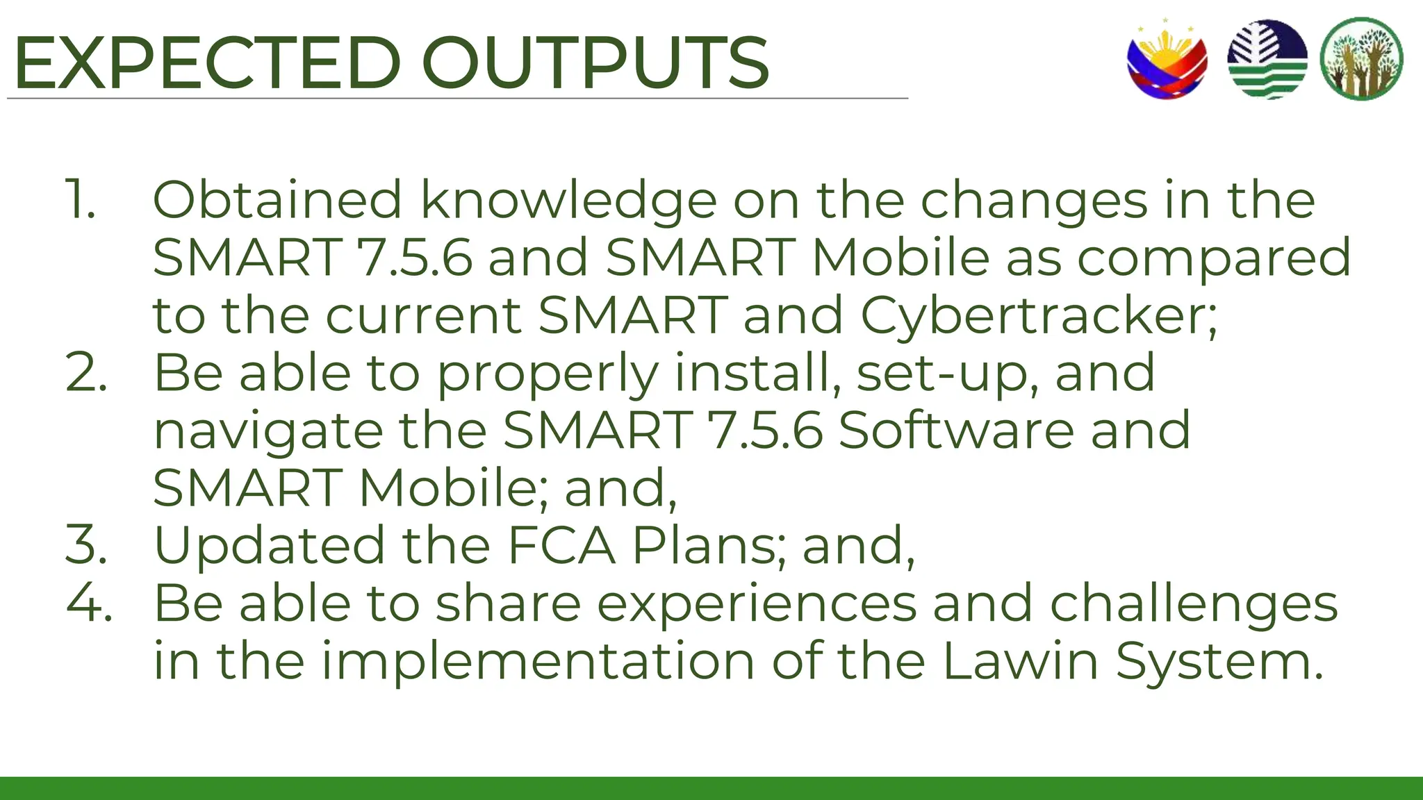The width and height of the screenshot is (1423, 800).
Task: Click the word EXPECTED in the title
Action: [207, 63]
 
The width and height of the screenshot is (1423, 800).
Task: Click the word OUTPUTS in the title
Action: [595, 63]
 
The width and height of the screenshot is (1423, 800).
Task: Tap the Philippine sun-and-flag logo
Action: [1167, 60]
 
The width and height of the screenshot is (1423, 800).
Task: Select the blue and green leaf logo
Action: [1267, 60]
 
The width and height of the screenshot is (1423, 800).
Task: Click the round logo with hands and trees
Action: [1361, 60]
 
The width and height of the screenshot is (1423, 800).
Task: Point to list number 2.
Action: [86, 373]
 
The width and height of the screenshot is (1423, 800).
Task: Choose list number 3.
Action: [86, 545]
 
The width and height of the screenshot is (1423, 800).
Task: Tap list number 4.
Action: [89, 603]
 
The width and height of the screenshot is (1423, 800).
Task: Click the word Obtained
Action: [277, 200]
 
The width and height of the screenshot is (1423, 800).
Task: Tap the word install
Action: [757, 373]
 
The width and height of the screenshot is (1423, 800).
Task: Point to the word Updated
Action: [269, 546]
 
